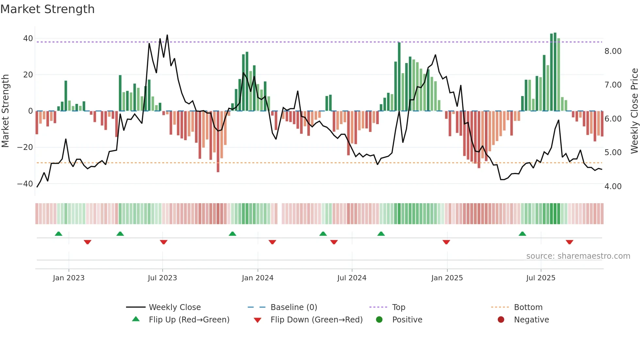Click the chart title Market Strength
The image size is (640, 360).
(47, 9)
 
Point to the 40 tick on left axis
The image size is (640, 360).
(28, 39)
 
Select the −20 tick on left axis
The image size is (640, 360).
(25, 147)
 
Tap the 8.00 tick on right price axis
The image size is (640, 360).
(613, 51)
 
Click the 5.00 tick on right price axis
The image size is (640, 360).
(613, 153)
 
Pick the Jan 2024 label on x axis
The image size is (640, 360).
(258, 278)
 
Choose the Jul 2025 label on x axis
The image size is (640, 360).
(541, 278)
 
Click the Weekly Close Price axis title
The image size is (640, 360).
(634, 111)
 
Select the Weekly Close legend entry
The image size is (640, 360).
(174, 307)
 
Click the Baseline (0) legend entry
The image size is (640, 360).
(294, 307)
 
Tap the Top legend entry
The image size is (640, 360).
(398, 307)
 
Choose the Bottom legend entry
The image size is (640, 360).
(528, 307)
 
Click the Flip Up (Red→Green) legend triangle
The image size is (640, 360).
(136, 319)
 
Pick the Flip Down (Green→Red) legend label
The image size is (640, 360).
(316, 320)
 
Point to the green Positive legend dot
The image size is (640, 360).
(379, 320)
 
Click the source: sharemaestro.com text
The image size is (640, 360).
(578, 256)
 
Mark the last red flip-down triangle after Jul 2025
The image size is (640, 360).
(569, 242)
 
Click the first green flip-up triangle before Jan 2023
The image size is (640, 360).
(58, 234)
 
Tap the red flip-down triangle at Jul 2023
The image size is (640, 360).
(164, 242)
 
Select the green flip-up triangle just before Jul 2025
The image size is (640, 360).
(522, 234)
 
